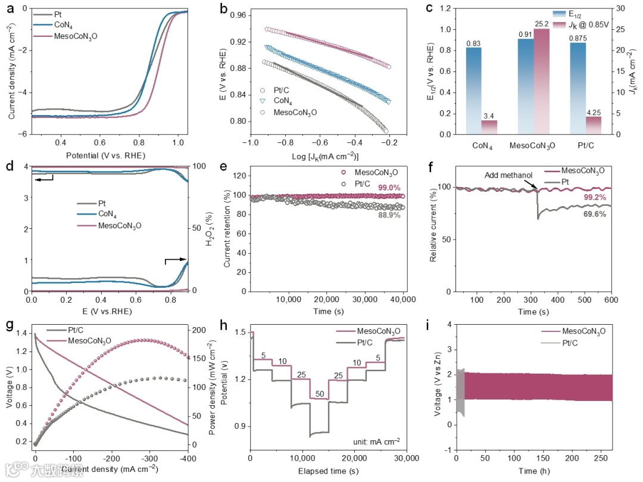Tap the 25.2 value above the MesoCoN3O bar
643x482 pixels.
[542, 24]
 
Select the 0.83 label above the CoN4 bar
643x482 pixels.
[473, 43]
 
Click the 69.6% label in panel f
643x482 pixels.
[595, 214]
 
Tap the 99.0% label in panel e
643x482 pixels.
[388, 188]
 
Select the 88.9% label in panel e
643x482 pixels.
[388, 215]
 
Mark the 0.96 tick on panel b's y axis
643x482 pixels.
[238, 15]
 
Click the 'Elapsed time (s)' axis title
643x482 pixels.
[327, 471]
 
